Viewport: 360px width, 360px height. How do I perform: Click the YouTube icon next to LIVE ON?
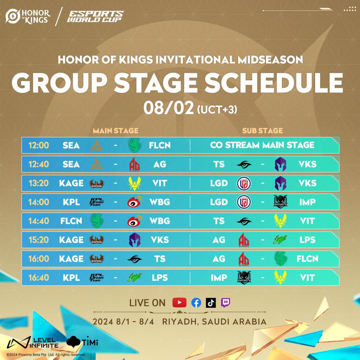click(179, 303)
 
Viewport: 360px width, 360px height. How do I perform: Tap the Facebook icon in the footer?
click(196, 303)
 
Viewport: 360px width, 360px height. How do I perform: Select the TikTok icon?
click(211, 303)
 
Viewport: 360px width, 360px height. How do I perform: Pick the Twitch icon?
click(225, 303)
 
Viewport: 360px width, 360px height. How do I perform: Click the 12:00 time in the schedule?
click(39, 145)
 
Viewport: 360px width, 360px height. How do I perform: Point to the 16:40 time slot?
click(39, 278)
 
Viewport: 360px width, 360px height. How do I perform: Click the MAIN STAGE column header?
click(116, 131)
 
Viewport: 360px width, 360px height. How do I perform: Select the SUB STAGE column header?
click(262, 131)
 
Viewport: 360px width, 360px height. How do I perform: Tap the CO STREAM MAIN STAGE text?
click(262, 145)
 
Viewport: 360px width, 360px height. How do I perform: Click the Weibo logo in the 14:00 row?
click(135, 202)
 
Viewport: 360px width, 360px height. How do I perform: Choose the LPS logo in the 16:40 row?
click(135, 278)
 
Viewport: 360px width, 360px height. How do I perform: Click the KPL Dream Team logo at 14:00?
click(96, 202)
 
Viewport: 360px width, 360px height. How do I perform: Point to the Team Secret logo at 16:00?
click(135, 259)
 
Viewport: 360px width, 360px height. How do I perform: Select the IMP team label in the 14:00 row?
click(307, 202)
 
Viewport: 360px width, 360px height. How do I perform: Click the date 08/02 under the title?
click(169, 108)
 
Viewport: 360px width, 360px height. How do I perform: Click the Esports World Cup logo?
click(95, 16)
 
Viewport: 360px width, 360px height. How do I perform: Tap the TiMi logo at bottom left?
click(82, 342)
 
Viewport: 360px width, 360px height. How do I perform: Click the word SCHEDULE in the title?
click(274, 83)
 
